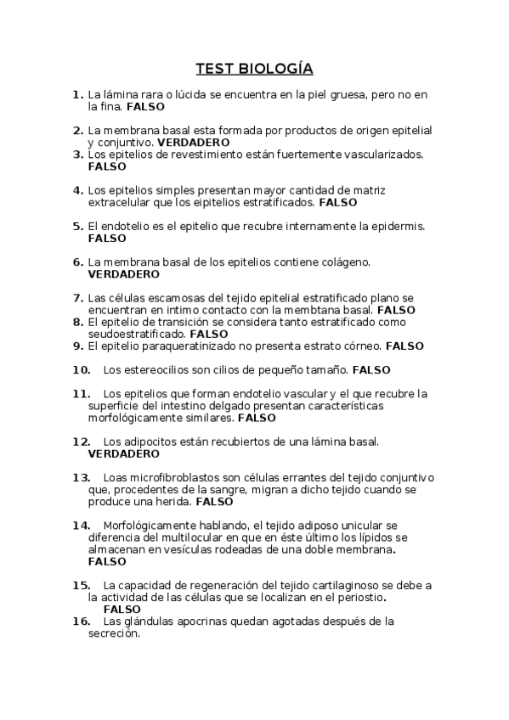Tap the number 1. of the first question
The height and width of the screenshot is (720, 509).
(x=77, y=94)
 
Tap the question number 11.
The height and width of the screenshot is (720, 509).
(x=82, y=394)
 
